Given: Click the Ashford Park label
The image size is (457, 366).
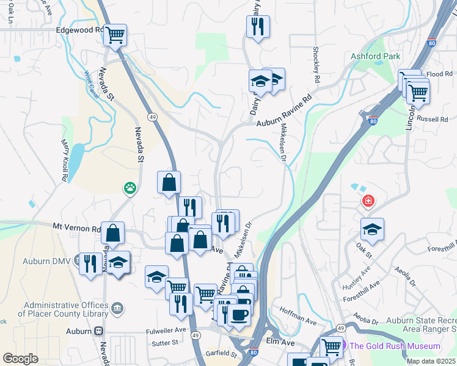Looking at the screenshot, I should [375, 57].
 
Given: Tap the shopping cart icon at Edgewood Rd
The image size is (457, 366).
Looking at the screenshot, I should [114, 35].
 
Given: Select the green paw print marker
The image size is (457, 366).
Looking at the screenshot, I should [130, 188].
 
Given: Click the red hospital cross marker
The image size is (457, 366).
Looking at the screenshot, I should [368, 201].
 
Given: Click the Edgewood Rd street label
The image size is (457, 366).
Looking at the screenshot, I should [79, 29].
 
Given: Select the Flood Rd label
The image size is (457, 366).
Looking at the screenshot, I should [439, 74].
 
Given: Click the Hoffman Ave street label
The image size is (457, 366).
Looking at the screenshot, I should [298, 319].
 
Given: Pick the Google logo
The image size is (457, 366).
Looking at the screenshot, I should [20, 359].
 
